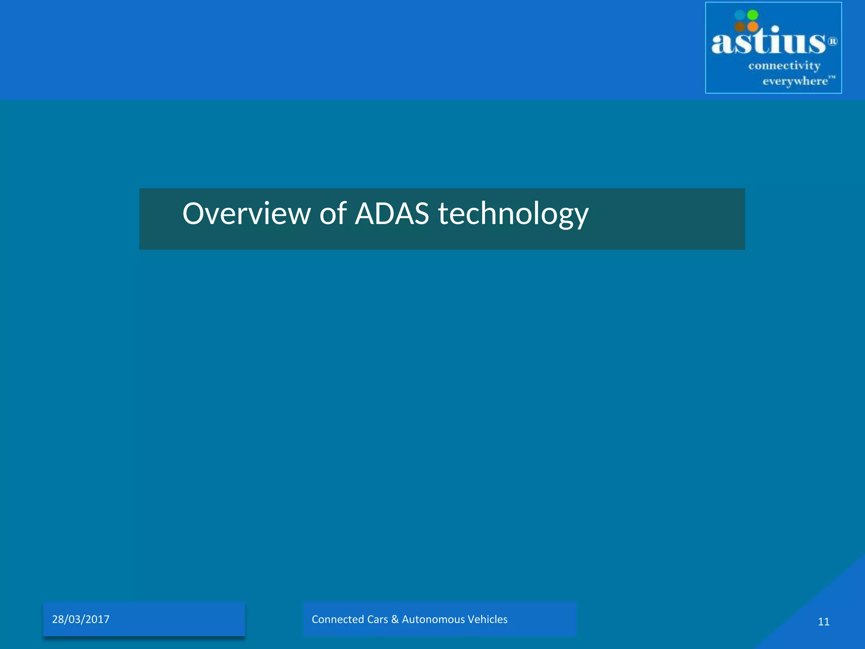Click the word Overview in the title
tap(246, 213)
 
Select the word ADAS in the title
tap(392, 213)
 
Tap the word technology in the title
tap(513, 214)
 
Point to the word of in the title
tap(333, 213)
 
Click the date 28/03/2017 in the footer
tap(81, 619)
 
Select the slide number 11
tap(824, 622)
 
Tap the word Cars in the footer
tap(378, 619)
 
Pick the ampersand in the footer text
tap(395, 619)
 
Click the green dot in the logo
tap(753, 15)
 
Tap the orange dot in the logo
tap(753, 27)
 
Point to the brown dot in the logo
tap(740, 27)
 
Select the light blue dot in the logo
tap(740, 15)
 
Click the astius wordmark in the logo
tap(768, 42)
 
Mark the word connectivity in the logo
tap(784, 66)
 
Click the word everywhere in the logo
tap(795, 81)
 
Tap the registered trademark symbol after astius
tap(832, 41)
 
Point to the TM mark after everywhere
tap(832, 77)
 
